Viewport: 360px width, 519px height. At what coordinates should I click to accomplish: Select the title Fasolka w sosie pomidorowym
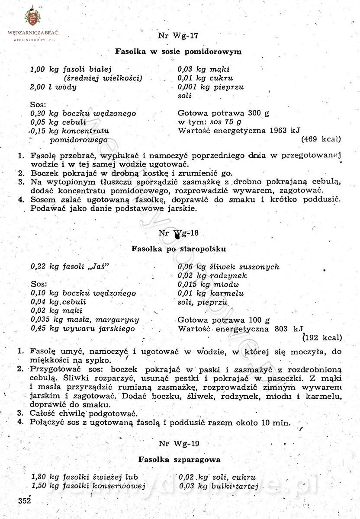tap(178, 51)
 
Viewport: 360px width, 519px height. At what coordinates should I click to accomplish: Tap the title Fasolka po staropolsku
tap(179, 249)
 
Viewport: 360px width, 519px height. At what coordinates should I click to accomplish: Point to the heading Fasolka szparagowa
tap(179, 459)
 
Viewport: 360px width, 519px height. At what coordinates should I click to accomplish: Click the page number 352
tap(25, 501)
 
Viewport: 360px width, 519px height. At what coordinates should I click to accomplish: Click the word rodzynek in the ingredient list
tap(229, 276)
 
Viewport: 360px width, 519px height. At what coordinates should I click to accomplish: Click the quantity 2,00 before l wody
tap(38, 87)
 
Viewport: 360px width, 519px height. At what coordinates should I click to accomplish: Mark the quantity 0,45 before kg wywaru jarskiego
tap(38, 329)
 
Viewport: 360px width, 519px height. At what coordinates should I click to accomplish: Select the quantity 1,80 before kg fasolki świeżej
tap(39, 477)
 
